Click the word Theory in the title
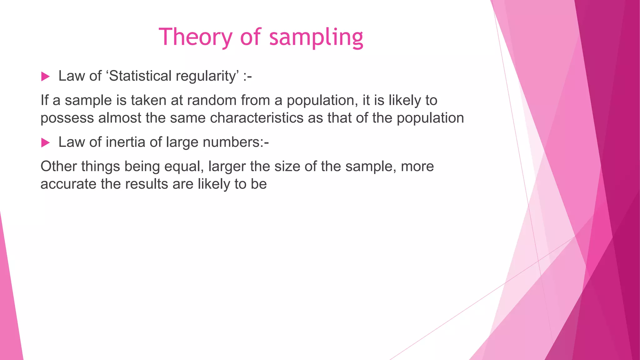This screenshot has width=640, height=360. click(x=195, y=37)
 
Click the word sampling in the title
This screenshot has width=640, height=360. click(x=316, y=37)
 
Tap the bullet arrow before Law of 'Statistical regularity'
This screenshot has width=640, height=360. click(x=45, y=77)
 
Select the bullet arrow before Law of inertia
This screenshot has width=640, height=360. click(x=45, y=143)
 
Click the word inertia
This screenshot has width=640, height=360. click(x=126, y=142)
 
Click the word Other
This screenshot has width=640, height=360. click(x=58, y=166)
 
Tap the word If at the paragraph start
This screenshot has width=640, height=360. click(x=45, y=100)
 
